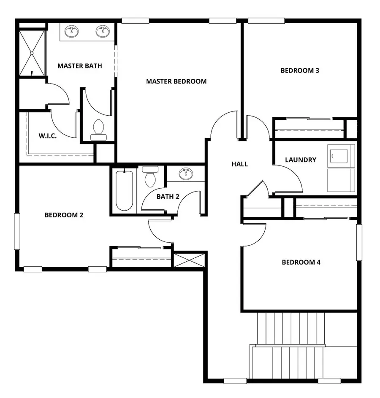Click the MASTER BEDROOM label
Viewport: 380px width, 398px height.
(x=176, y=81)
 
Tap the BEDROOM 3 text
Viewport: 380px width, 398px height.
(x=300, y=70)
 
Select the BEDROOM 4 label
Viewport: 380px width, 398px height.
(x=301, y=262)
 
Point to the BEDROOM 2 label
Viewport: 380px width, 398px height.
(x=64, y=215)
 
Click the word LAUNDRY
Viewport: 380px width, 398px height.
(x=301, y=160)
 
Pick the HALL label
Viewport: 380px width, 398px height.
(x=239, y=164)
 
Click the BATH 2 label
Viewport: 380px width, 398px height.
(x=168, y=196)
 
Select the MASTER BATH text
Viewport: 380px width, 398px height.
(x=79, y=66)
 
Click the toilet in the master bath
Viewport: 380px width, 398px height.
(x=98, y=129)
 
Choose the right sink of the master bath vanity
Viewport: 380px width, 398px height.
(x=102, y=31)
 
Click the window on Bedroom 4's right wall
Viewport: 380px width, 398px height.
(x=359, y=242)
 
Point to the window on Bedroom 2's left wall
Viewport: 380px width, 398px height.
(x=17, y=231)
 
